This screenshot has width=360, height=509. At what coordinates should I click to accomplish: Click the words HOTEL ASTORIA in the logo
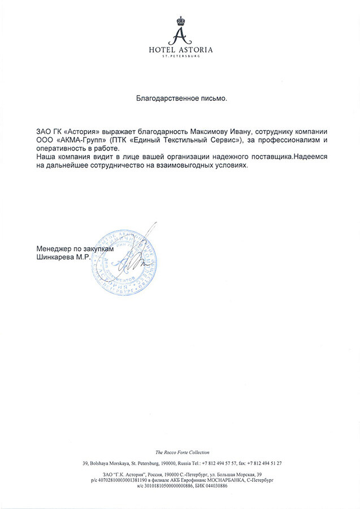[180, 50]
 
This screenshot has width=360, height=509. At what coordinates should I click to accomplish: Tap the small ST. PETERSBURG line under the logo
[180, 57]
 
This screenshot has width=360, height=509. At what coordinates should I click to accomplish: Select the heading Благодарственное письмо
[181, 98]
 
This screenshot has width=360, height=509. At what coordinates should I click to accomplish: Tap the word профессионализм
[289, 139]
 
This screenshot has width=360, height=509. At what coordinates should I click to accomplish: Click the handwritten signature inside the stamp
[133, 259]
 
